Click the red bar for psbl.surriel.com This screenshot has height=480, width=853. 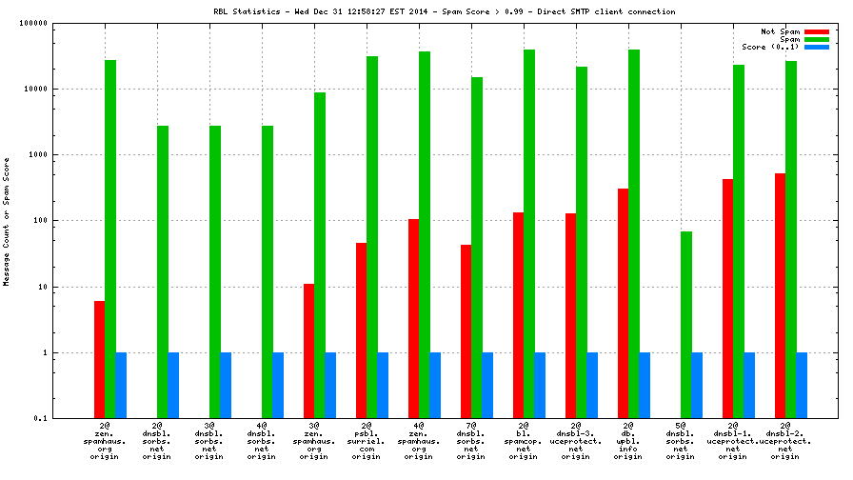(361, 330)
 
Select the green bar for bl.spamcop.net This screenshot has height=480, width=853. (528, 233)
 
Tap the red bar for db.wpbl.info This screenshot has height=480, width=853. (623, 303)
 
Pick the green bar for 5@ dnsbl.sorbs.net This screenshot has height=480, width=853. (685, 324)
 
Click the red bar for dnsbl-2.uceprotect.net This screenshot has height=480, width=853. (780, 295)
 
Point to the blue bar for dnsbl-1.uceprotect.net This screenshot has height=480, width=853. (748, 385)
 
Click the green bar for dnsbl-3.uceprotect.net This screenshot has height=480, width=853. (581, 242)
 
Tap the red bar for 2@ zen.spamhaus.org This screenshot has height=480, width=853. (99, 359)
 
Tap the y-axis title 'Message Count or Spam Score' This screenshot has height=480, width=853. (7, 221)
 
